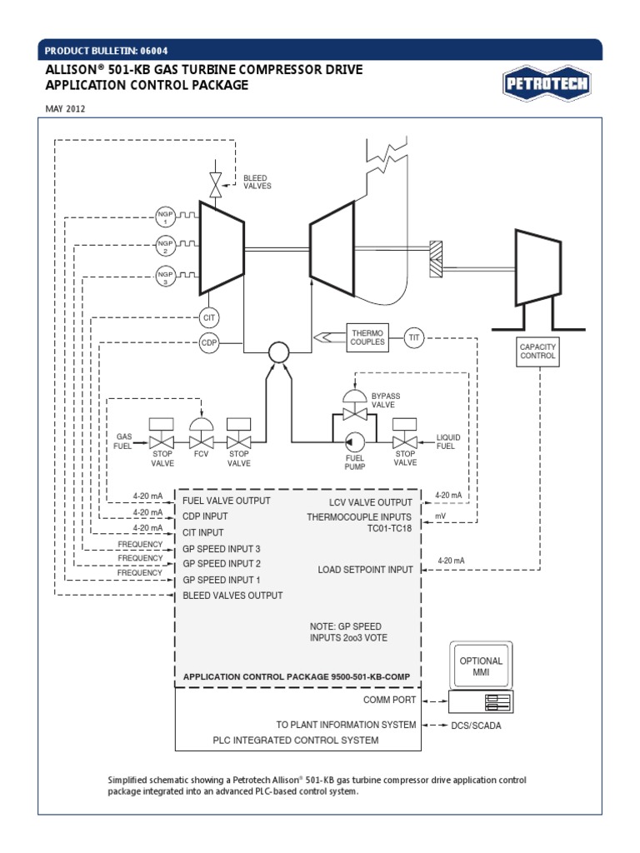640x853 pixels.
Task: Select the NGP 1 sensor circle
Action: tap(165, 217)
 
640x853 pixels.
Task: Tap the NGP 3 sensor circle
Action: tap(165, 277)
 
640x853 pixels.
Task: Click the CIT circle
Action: tap(209, 317)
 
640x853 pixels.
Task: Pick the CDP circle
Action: tap(209, 342)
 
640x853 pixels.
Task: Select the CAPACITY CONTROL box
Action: tap(537, 351)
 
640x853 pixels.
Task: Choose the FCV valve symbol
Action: tap(201, 436)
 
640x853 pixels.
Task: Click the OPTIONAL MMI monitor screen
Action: tap(482, 666)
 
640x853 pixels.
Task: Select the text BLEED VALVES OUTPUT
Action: tap(232, 596)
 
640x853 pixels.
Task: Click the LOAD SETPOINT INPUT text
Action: tap(365, 570)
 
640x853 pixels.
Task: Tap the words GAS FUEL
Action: tap(123, 441)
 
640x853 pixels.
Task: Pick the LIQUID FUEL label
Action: tap(448, 441)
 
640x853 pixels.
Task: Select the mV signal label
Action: tap(441, 516)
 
